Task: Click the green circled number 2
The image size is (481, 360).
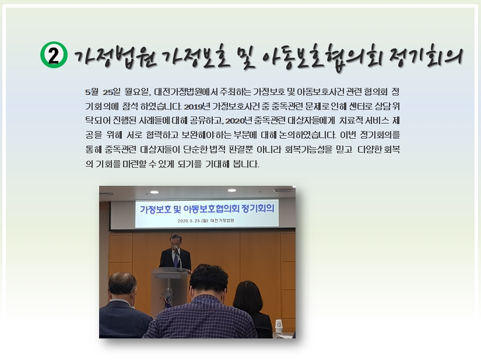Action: (54, 55)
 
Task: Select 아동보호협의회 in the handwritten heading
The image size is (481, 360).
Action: (321, 58)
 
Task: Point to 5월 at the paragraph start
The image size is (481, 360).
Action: (92, 91)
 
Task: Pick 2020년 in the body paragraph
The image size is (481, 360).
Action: (238, 121)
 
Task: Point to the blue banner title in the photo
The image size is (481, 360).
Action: (207, 209)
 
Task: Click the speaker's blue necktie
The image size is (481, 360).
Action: (175, 259)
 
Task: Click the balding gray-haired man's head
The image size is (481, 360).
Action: (122, 287)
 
